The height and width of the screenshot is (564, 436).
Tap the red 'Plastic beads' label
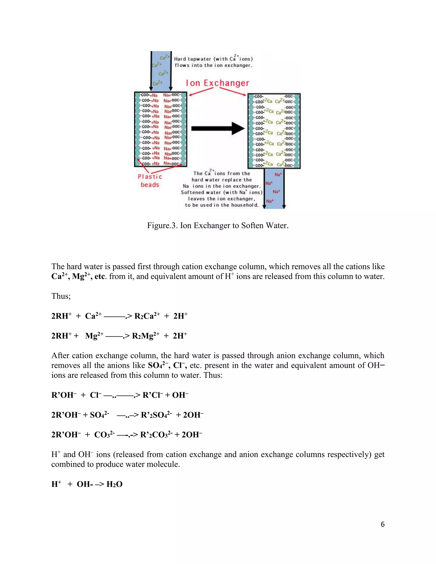coord(150,180)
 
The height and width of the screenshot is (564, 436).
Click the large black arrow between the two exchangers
coord(218,128)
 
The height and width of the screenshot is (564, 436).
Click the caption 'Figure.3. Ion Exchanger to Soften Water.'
coord(218,225)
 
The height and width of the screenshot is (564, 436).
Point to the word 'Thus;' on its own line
coord(61,296)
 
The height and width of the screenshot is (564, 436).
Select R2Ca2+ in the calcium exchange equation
coord(147,316)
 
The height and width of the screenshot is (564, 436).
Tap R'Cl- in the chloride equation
coord(153,395)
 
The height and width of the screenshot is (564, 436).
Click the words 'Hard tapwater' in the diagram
coord(192,59)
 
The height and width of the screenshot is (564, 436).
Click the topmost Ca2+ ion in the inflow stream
coord(165,57)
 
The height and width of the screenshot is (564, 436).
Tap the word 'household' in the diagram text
coord(244,205)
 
